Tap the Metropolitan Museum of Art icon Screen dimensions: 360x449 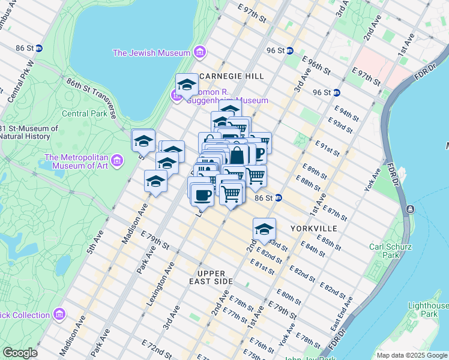click(116, 161)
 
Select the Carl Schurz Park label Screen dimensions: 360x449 click(390, 251)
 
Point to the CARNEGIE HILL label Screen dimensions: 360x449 click(231, 76)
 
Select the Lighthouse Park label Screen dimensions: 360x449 click(428, 310)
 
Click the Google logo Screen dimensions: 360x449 click(20, 353)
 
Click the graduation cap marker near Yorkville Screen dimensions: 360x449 click(264, 229)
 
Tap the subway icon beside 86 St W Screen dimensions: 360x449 click(39, 48)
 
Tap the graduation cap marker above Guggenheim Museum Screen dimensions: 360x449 click(187, 85)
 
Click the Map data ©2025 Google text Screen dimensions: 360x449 click(412, 355)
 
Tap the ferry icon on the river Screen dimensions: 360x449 click(410, 209)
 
